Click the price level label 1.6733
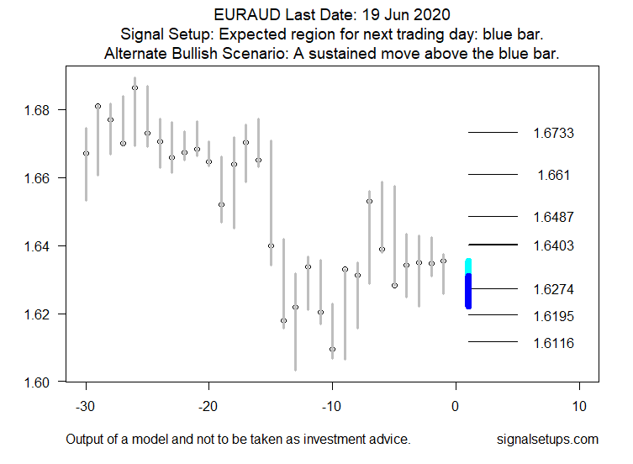coord(553,133)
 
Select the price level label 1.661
coord(553,175)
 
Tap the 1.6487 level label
coord(553,217)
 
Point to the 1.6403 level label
coord(553,245)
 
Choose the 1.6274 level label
coord(553,289)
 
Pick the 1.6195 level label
coord(553,316)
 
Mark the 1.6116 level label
coord(553,343)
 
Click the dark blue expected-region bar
coord(468,291)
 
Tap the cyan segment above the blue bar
coord(468,266)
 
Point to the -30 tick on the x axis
coord(86,406)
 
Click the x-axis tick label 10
coord(579,406)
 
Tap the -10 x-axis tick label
coord(332,406)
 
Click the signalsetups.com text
coord(547,440)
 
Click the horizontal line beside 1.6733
coord(493,133)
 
